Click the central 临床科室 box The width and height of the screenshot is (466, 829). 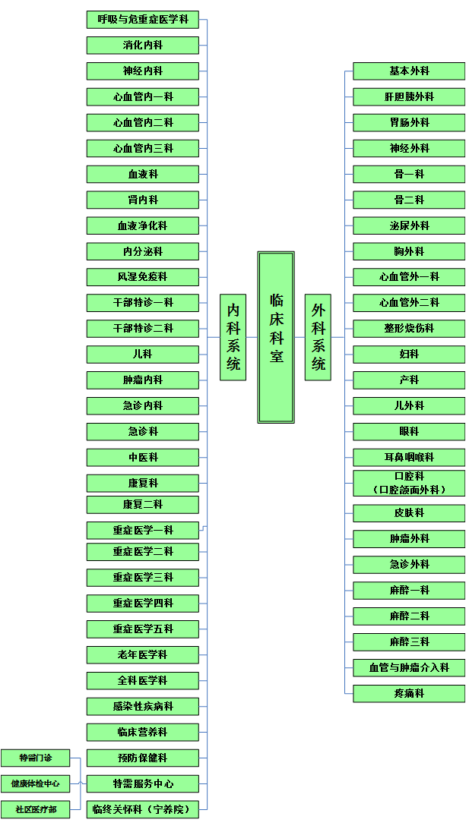tap(276, 337)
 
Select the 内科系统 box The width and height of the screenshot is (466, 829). tap(233, 337)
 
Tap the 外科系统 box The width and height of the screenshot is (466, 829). tap(318, 337)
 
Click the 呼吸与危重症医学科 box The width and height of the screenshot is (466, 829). tap(143, 20)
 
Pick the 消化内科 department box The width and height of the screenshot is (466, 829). tap(143, 46)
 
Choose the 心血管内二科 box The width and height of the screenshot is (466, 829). tap(143, 122)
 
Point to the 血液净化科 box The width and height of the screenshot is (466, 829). tap(143, 225)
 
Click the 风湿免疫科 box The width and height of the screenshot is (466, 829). tap(143, 277)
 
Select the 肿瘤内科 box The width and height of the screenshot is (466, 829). tap(143, 380)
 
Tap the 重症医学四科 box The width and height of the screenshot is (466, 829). tap(143, 604)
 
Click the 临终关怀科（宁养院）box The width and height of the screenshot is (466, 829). tap(143, 809)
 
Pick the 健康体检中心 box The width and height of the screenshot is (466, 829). tap(35, 783)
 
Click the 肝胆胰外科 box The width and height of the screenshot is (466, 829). tap(409, 97)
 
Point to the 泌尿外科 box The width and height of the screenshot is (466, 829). tap(409, 225)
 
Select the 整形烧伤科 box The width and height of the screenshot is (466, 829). tap(409, 329)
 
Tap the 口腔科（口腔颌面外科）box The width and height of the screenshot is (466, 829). tap(409, 484)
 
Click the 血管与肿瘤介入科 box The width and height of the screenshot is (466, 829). tap(409, 668)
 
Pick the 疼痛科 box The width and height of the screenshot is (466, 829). tap(409, 694)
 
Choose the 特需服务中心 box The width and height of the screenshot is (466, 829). tap(143, 783)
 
